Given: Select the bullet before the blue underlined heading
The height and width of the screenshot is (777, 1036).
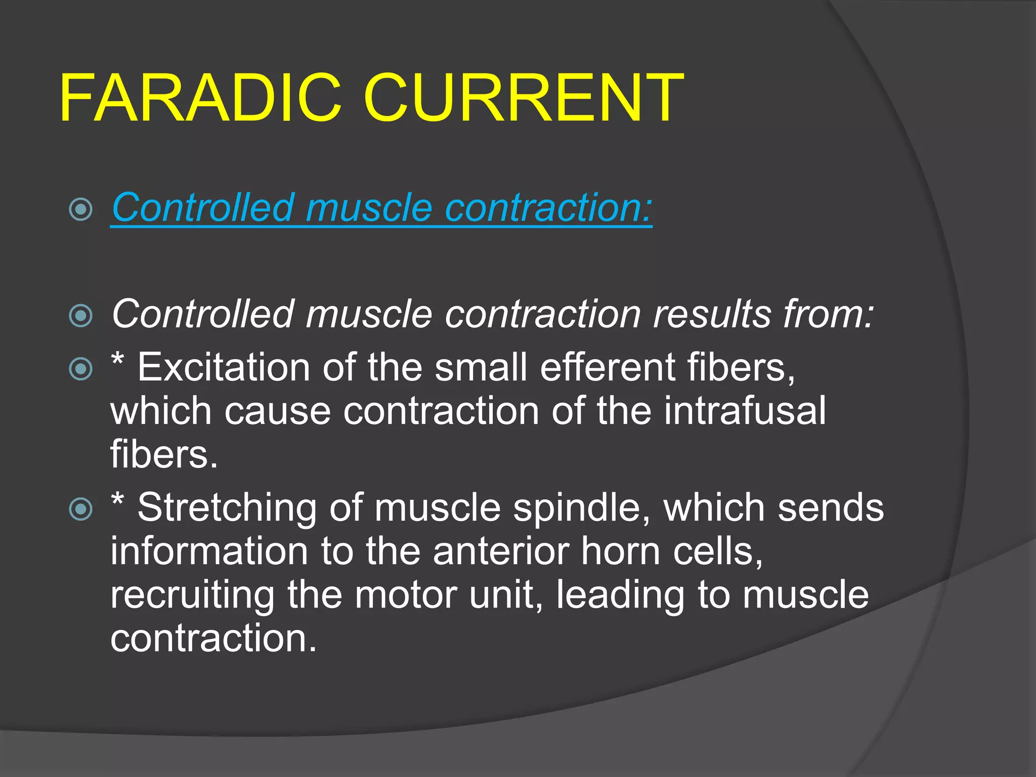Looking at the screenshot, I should [81, 209].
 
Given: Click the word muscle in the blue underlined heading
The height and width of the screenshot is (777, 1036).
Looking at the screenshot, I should [369, 208].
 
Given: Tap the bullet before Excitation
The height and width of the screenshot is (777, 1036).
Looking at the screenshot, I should [81, 368].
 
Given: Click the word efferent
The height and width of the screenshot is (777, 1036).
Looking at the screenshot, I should [607, 367].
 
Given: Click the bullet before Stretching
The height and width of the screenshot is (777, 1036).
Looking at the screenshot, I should [81, 509].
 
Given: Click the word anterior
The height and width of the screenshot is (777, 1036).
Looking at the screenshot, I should [500, 551].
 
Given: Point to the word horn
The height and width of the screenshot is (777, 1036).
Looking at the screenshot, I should [620, 551].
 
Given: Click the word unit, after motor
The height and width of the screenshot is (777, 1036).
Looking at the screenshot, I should [506, 595].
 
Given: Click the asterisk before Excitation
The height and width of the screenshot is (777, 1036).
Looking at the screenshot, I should [117, 360].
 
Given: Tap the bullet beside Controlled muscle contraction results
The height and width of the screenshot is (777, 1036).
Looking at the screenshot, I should [81, 316].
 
